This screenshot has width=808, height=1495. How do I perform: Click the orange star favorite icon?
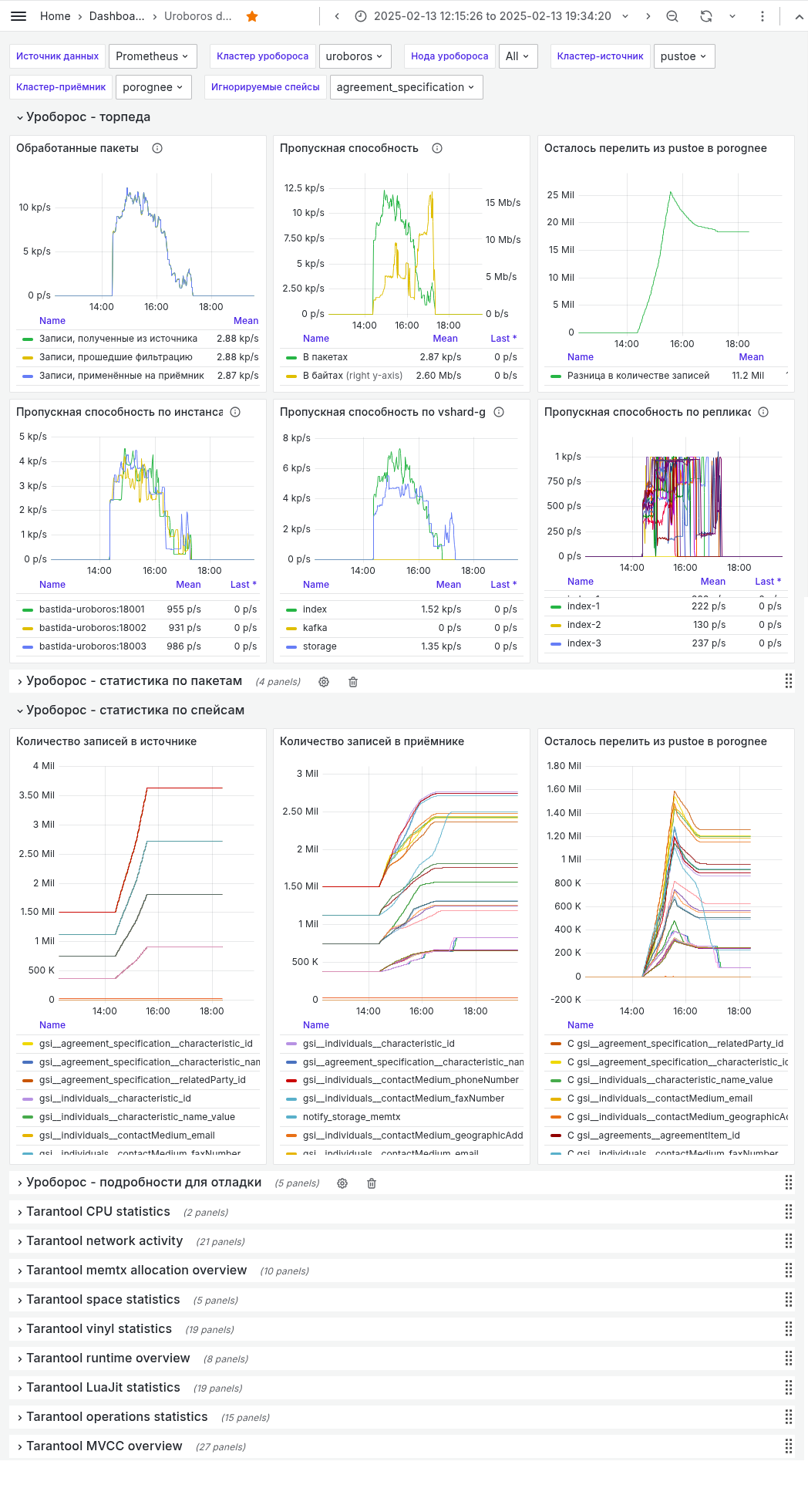click(252, 16)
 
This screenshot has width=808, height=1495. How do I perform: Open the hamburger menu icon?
click(19, 16)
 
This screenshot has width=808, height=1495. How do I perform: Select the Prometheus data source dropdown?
click(153, 56)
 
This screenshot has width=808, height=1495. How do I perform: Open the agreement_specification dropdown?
click(406, 87)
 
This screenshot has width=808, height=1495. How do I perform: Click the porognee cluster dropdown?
click(153, 87)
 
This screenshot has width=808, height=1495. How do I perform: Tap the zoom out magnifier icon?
click(672, 16)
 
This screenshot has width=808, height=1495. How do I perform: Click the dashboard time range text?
click(492, 16)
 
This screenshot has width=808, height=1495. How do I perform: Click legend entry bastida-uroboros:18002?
click(93, 628)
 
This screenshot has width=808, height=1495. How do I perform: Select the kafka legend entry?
click(315, 628)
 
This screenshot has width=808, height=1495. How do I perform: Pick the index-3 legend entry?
click(584, 643)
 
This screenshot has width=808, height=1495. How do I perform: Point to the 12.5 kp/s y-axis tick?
click(304, 188)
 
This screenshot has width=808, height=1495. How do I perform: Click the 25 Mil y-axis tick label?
click(561, 195)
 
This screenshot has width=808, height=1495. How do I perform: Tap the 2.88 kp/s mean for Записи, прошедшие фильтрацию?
click(237, 357)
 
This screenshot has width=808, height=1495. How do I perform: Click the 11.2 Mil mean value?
click(747, 376)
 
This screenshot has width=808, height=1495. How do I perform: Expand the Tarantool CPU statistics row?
click(98, 1212)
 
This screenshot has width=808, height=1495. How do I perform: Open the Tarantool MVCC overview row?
click(104, 1446)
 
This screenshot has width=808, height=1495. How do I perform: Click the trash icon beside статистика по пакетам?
click(353, 682)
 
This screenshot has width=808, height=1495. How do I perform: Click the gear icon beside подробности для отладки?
click(342, 1183)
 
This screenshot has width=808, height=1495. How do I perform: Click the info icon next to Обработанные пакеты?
click(157, 148)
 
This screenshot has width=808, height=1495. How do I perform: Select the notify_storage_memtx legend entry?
click(352, 1117)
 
